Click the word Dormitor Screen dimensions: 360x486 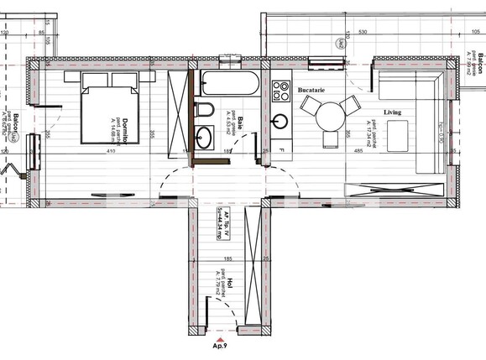(x=124, y=129)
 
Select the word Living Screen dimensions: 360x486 (x=392, y=112)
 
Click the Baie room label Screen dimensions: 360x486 (x=238, y=123)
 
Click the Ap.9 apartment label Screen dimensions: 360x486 (x=220, y=345)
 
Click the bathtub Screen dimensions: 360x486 (x=229, y=84)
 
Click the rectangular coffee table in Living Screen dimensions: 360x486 (x=396, y=134)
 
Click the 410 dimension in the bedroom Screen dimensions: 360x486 (x=110, y=152)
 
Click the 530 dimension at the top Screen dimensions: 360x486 (x=363, y=32)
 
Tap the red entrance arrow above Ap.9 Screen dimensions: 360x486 (x=220, y=337)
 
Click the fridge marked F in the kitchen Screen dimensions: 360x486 (x=281, y=151)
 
